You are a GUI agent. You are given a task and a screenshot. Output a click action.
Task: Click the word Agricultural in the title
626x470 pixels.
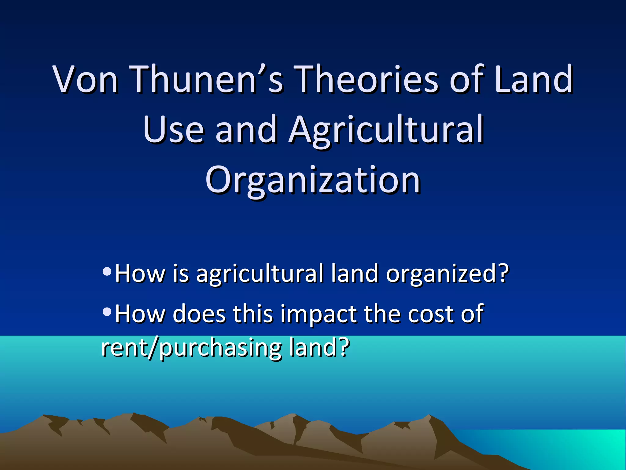click(386, 130)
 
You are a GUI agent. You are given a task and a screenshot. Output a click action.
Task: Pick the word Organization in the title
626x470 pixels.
click(313, 181)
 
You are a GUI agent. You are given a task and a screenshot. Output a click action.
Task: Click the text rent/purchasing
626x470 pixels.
click(191, 348)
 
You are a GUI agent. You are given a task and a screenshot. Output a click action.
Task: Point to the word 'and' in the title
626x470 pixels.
click(246, 130)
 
